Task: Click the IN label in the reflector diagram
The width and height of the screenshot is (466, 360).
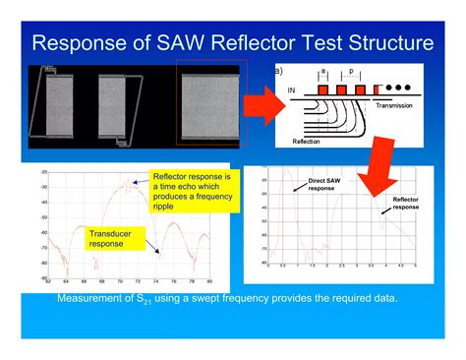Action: point(292,90)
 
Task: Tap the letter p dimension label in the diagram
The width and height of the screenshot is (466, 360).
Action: point(350,72)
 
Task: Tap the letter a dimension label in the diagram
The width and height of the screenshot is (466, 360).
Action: point(323,72)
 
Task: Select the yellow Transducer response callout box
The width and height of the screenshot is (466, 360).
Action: point(111,238)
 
